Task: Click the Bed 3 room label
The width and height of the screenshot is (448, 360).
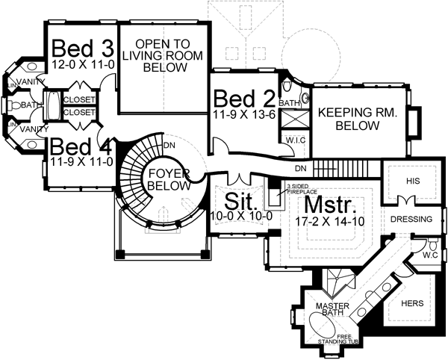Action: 82,49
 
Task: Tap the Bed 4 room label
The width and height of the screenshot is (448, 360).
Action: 81,144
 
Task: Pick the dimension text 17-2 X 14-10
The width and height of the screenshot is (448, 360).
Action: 331,221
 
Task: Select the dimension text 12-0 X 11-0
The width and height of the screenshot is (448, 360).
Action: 82,66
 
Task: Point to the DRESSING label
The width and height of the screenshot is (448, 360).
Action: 411,220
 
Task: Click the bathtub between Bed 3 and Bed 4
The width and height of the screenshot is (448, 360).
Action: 53,106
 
